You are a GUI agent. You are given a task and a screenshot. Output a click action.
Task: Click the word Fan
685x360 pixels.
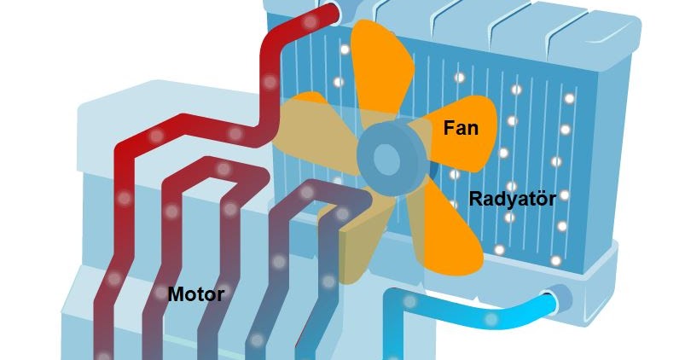click(461, 129)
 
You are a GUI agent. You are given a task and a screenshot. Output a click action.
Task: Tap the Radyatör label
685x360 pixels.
click(512, 199)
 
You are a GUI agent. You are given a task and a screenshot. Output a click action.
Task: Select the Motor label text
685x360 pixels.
click(196, 294)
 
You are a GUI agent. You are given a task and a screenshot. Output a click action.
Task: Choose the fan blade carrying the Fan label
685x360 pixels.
click(465, 132)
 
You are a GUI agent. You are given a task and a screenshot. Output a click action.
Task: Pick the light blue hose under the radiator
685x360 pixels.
click(478, 315)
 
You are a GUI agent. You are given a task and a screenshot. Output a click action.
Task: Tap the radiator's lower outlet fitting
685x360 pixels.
click(559, 299)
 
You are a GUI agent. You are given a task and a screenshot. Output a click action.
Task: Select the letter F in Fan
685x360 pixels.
click(449, 129)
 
